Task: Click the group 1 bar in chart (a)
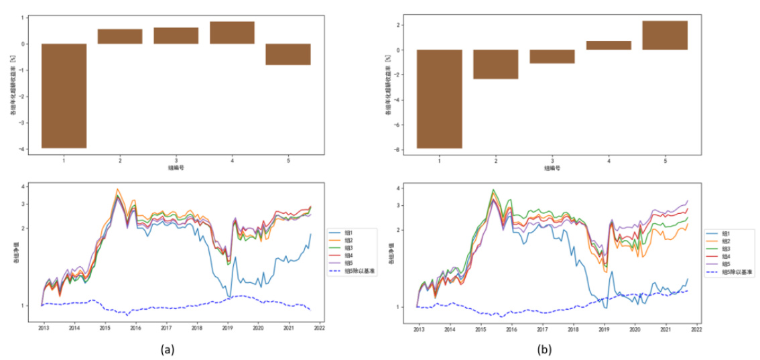pos(64,95)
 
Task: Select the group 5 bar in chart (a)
pos(288,54)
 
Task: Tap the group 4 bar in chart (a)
pos(232,33)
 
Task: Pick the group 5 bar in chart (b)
pos(664,36)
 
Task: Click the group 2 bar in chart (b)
pos(495,64)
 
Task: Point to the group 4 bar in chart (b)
pos(608,46)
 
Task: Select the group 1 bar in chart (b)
pos(439,99)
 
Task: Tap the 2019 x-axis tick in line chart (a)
pos(227,328)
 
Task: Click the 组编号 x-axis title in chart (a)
pos(176,168)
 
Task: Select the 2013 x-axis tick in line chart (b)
pos(418,329)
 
